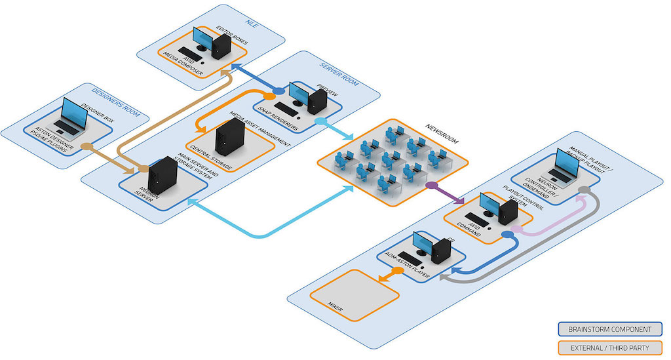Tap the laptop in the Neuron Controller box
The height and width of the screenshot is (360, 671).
[x=564, y=167]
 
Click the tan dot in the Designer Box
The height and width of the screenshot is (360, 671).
[x=85, y=146]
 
